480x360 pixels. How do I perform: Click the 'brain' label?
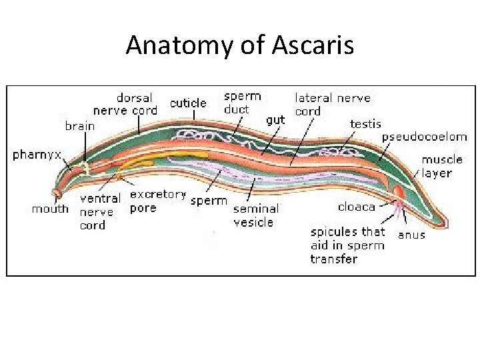coord(79,125)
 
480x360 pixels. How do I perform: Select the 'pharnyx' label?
coord(37,155)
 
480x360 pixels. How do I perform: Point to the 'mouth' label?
coord(50,209)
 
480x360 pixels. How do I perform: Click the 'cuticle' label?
coord(188,103)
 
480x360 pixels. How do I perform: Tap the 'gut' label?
coord(275,120)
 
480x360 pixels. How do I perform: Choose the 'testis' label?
coord(365,123)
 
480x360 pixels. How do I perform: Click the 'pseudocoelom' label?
coord(424,137)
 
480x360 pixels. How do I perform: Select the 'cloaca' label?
coord(357,207)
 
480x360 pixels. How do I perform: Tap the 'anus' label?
coord(411,234)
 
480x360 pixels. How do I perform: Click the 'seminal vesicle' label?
coord(255,215)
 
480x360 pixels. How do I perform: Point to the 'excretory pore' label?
coord(157,201)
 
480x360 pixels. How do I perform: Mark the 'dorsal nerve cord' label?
coord(125,104)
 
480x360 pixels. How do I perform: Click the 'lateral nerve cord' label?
coord(332,104)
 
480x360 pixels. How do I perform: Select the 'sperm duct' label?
coord(241,102)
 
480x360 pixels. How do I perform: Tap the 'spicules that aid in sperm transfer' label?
coord(347,245)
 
